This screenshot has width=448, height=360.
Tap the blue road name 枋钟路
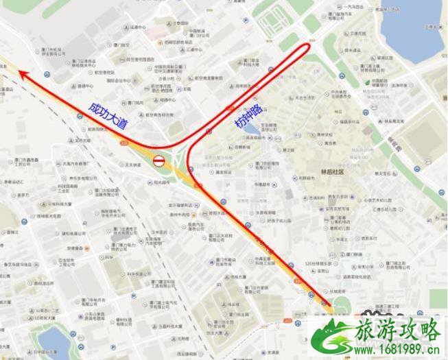tap(248, 117)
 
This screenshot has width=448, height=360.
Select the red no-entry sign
tap(158, 162)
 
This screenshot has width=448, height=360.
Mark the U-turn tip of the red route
tap(309, 49)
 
